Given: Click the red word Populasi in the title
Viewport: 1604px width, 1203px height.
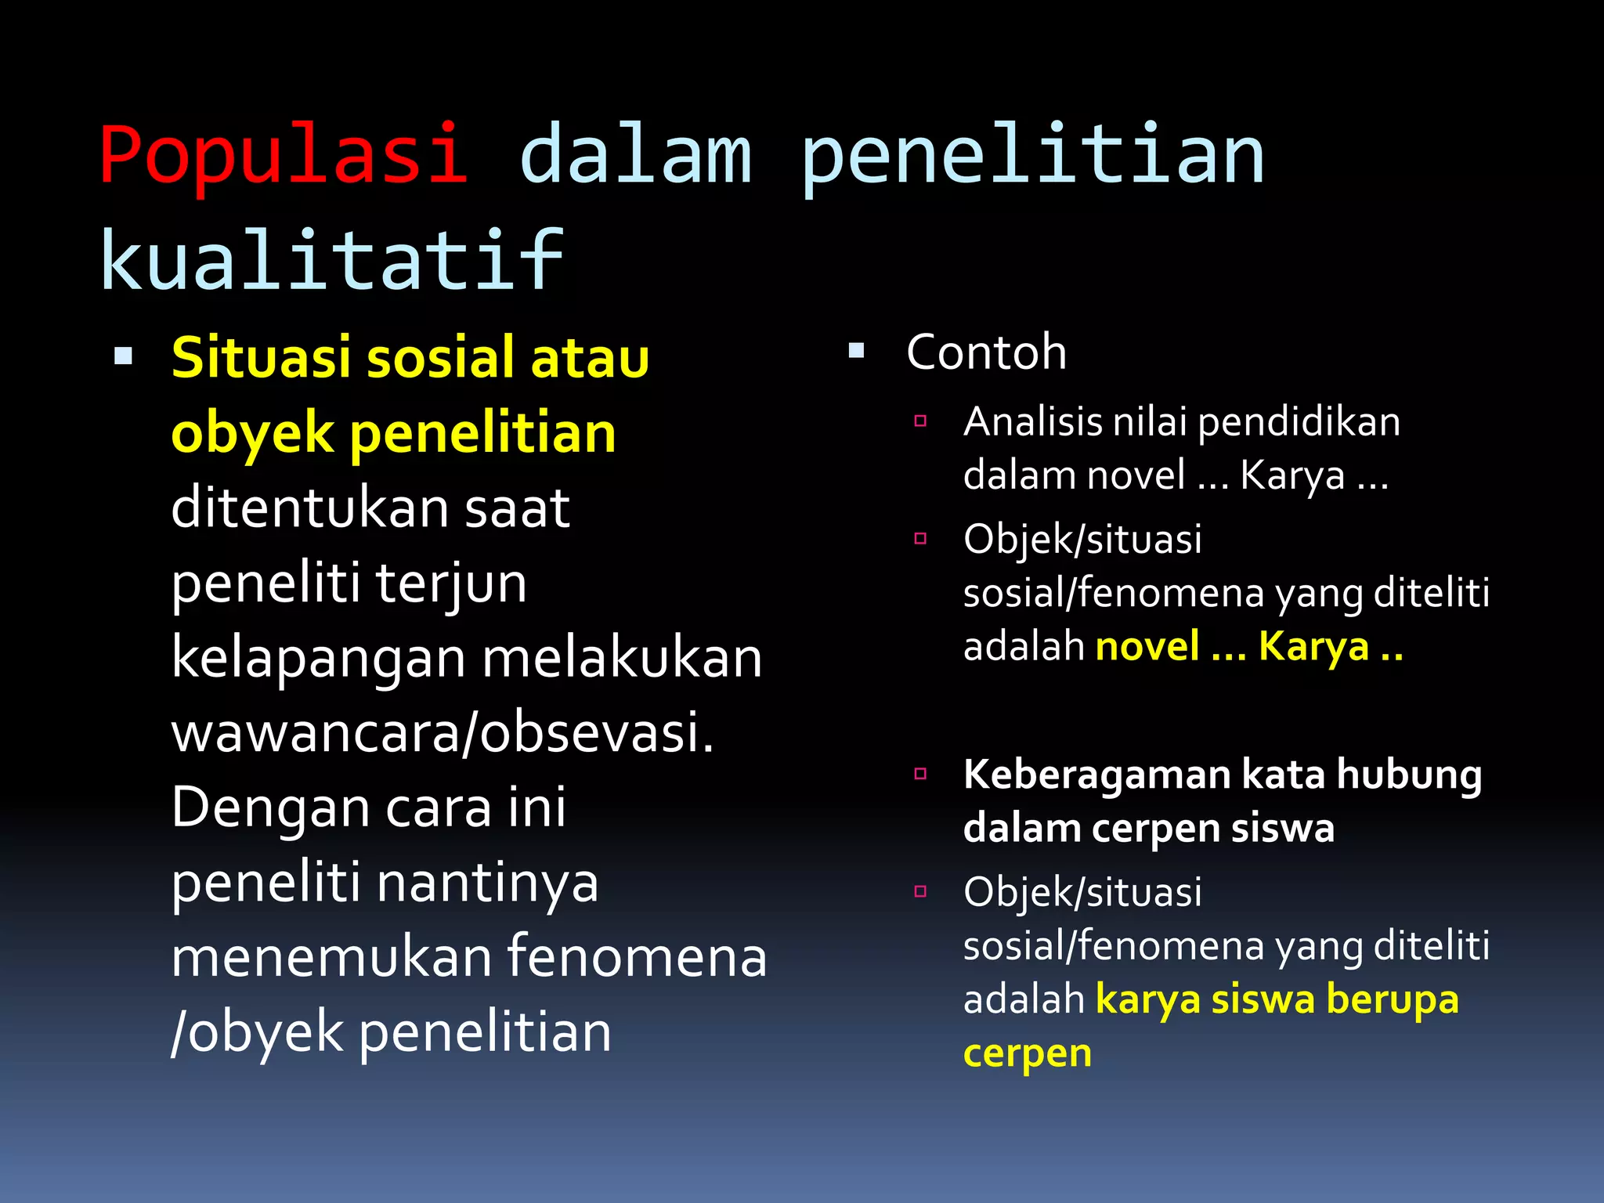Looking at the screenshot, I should [284, 155].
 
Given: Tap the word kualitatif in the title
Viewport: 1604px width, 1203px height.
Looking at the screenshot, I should [332, 262].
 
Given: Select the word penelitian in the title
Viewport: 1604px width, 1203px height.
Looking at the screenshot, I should [1032, 155].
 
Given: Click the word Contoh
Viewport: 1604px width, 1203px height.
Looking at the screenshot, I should [986, 352].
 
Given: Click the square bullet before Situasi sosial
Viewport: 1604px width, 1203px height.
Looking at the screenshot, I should [123, 357].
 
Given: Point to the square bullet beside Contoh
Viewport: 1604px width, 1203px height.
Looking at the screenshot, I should [856, 351].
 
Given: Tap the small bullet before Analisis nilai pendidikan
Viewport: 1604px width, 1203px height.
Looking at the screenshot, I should [920, 421].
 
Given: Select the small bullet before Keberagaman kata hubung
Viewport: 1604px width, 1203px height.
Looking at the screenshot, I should [920, 774].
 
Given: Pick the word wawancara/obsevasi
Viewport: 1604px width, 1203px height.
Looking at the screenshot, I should [443, 733].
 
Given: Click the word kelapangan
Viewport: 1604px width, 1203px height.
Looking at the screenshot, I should [317, 658].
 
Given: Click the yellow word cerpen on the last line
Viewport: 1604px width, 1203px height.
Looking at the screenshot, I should [1027, 1053].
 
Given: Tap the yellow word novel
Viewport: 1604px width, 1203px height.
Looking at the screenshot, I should [1147, 647].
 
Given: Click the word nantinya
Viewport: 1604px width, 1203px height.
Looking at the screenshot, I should [487, 883].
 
